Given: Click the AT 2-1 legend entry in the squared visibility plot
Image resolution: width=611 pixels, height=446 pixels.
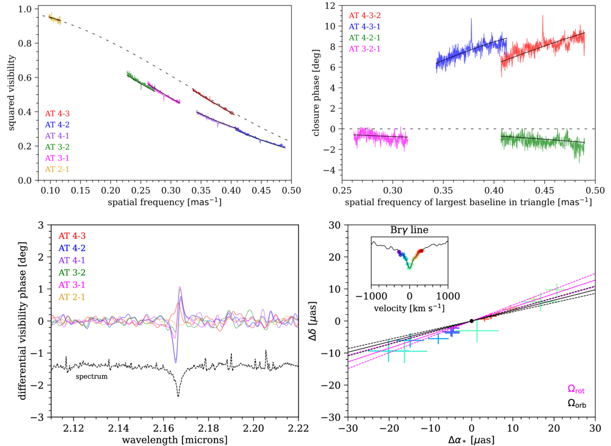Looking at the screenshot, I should pos(58,169).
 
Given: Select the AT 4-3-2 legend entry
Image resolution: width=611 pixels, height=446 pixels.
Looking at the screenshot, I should pos(369,15).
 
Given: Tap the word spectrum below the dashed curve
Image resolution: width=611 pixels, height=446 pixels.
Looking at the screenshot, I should pos(92,376).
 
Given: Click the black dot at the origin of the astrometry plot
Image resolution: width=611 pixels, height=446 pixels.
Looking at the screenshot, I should pos(471,321).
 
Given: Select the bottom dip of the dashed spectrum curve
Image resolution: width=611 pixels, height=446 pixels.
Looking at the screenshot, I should pos(178,396).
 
